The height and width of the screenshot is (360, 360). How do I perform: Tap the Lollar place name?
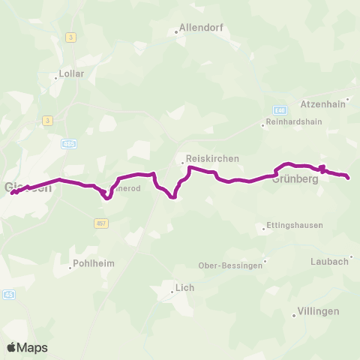pyautogui.click(x=72, y=74)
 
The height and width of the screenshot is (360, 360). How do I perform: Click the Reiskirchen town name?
pyautogui.click(x=211, y=159)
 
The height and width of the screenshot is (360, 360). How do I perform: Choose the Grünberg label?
pyautogui.click(x=291, y=180)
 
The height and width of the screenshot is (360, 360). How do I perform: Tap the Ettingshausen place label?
pyautogui.click(x=294, y=226)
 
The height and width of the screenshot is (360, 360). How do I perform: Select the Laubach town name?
pyautogui.click(x=329, y=261)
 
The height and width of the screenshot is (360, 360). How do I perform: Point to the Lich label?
pyautogui.click(x=184, y=286)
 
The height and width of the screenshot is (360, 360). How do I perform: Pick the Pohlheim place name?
pyautogui.click(x=94, y=265)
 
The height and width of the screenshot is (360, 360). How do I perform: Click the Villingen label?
pyautogui.click(x=319, y=310)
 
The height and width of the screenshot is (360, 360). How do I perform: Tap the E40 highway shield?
pyautogui.click(x=280, y=109)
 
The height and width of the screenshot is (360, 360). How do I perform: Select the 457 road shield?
pyautogui.click(x=102, y=223)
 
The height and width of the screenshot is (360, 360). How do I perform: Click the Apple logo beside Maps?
pyautogui.click(x=12, y=347)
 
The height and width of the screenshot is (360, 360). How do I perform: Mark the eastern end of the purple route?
pyautogui.click(x=349, y=178)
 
